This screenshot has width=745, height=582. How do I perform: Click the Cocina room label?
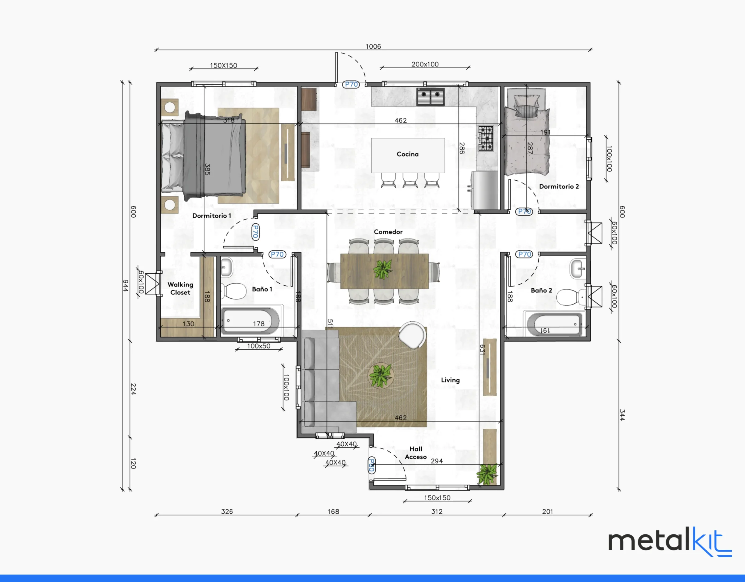point(407,154)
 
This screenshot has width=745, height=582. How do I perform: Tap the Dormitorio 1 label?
point(212,216)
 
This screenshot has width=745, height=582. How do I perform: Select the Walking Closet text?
point(180,289)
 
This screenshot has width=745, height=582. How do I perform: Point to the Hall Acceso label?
point(416,453)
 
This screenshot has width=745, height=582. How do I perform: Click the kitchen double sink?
point(430,97)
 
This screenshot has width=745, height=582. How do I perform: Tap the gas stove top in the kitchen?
point(485,138)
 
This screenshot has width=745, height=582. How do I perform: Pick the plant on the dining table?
point(383,269)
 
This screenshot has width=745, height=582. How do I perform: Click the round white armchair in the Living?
point(413,335)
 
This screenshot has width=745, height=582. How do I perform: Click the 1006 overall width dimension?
point(373,46)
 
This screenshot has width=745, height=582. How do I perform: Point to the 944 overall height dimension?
point(125,285)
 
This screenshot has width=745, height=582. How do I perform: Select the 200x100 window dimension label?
point(425,64)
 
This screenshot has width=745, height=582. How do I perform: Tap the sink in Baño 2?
point(578,269)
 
